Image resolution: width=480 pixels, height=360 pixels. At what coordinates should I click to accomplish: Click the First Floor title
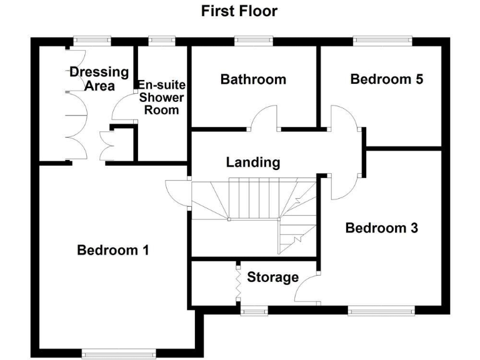(239, 11)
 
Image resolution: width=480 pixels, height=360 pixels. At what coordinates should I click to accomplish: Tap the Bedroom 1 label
(112, 251)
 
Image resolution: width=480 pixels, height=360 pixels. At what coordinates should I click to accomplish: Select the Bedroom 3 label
(381, 228)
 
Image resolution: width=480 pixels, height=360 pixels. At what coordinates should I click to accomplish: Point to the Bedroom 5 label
(386, 79)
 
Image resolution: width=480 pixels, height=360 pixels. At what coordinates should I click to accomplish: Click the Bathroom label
(253, 79)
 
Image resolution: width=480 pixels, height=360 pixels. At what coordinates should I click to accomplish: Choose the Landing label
(252, 162)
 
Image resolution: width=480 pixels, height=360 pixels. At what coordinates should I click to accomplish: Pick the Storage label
(272, 277)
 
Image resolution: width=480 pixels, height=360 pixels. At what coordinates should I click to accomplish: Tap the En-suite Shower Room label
(161, 97)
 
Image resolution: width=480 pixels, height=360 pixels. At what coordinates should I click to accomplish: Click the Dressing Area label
(99, 78)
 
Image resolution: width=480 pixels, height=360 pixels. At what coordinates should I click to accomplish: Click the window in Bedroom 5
(383, 41)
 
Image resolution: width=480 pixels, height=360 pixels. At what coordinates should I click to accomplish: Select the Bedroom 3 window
(381, 310)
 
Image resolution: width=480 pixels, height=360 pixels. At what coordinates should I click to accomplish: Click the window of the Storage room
(253, 310)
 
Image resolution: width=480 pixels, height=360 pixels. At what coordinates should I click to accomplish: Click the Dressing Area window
(91, 41)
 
